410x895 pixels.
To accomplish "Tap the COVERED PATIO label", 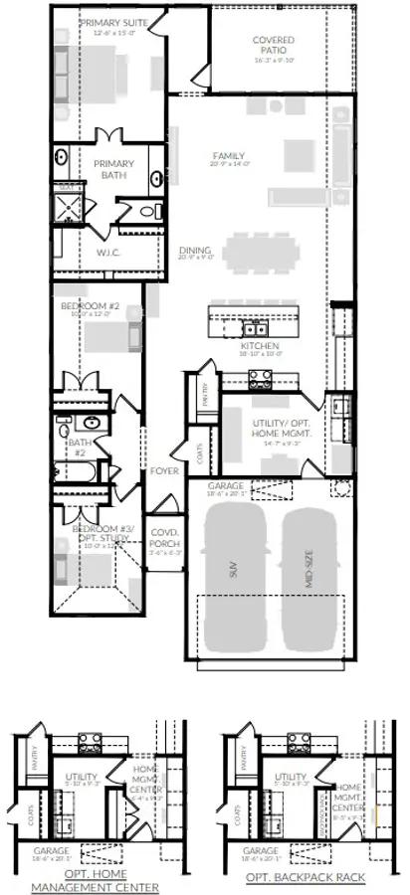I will pyautogui.click(x=273, y=45).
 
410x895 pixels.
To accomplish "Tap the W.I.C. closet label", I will pyautogui.click(x=108, y=252).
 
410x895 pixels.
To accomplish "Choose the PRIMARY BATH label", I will pyautogui.click(x=112, y=168).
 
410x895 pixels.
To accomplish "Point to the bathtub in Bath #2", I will pyautogui.click(x=77, y=471).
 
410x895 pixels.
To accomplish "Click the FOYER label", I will pyautogui.click(x=163, y=470).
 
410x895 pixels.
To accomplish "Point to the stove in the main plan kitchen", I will pyautogui.click(x=260, y=378).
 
